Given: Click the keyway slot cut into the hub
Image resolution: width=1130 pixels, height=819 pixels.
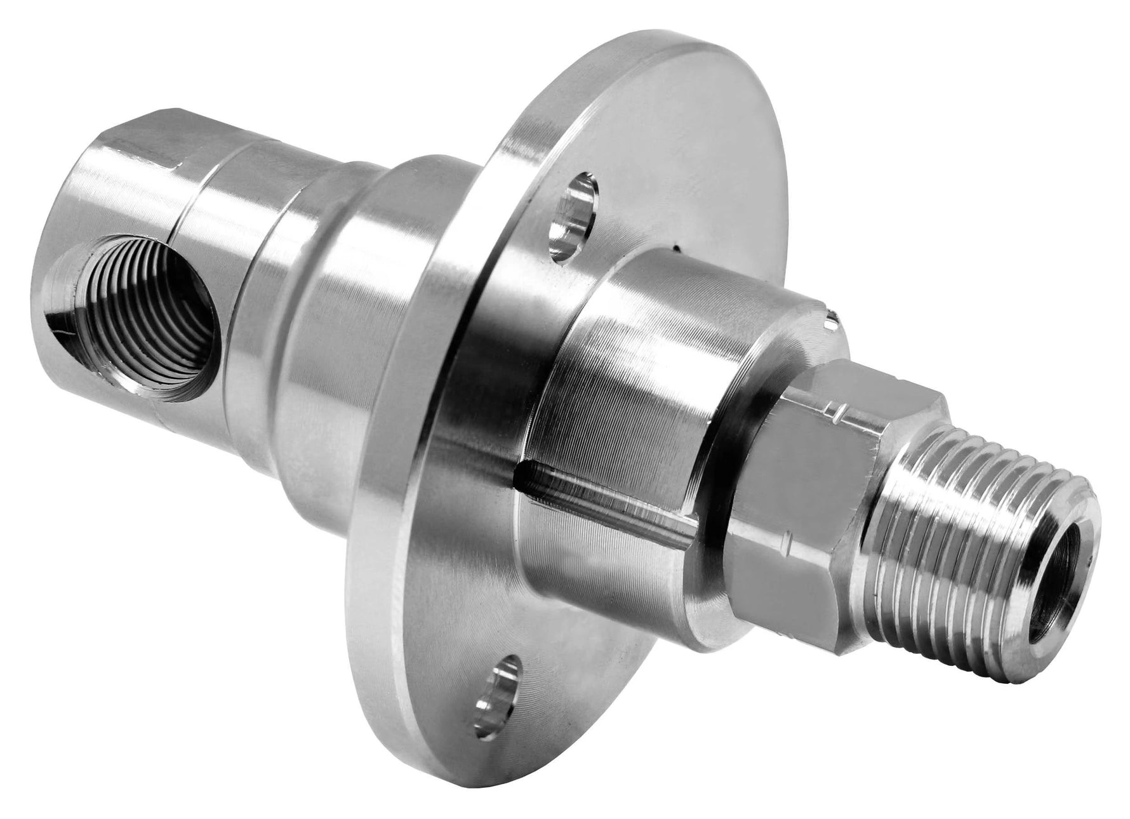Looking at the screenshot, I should (x=609, y=502).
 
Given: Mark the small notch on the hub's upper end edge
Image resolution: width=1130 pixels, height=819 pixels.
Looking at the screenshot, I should (x=832, y=314).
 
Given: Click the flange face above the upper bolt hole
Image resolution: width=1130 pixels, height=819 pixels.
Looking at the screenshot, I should (x=635, y=127).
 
